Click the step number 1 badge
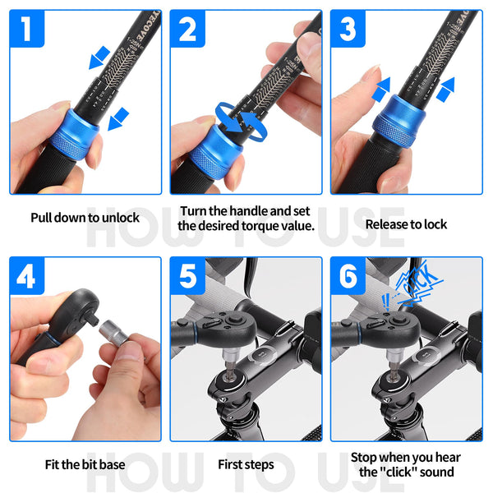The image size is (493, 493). pyautogui.click(x=28, y=30)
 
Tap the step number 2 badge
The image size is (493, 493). pyautogui.click(x=188, y=30)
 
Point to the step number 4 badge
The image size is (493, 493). pyautogui.click(x=28, y=277)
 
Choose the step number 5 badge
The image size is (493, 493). pyautogui.click(x=188, y=277)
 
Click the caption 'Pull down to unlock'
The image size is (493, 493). pyautogui.click(x=85, y=218)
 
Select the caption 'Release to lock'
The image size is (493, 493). pyautogui.click(x=406, y=223)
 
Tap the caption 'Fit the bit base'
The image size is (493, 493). pyautogui.click(x=85, y=464)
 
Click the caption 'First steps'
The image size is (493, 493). pyautogui.click(x=246, y=464)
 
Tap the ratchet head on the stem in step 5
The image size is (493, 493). pyautogui.click(x=247, y=316)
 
